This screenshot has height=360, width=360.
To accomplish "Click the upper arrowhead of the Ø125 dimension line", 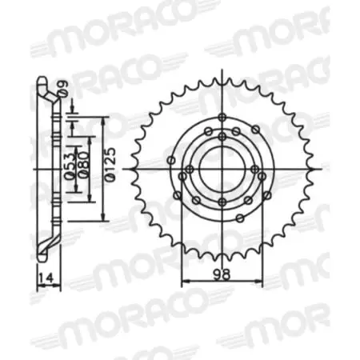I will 104,119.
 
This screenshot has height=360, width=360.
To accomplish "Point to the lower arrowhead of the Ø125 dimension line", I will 104,218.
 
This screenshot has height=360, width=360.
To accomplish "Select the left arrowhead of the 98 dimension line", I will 184,281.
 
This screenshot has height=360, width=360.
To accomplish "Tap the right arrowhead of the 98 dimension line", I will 261,281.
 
